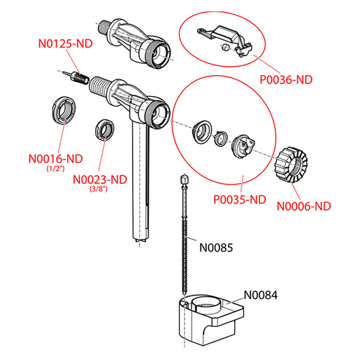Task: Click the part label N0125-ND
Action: pos(67,43)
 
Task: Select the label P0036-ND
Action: pos(286,79)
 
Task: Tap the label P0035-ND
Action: pos(239,199)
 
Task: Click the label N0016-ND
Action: pos(55,159)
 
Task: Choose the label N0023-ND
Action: pos(100,179)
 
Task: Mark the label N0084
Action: pos(261,295)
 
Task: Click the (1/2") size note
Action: pos(55,169)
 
